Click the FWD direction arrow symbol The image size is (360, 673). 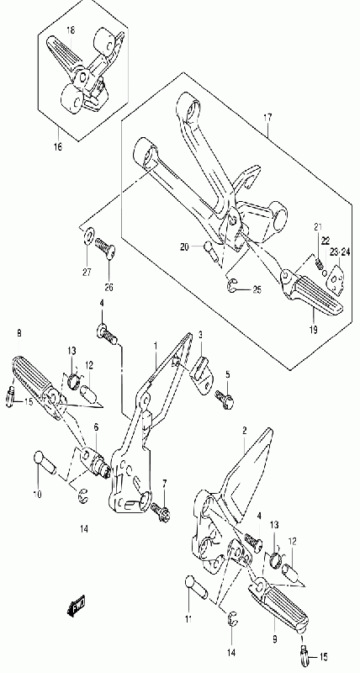click(77, 605)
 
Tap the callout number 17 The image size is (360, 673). click(267, 117)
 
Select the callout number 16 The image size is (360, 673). click(57, 148)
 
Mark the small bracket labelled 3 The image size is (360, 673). click(199, 369)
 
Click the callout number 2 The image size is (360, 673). click(244, 431)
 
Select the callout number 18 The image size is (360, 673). click(71, 30)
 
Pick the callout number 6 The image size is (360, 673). click(96, 427)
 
